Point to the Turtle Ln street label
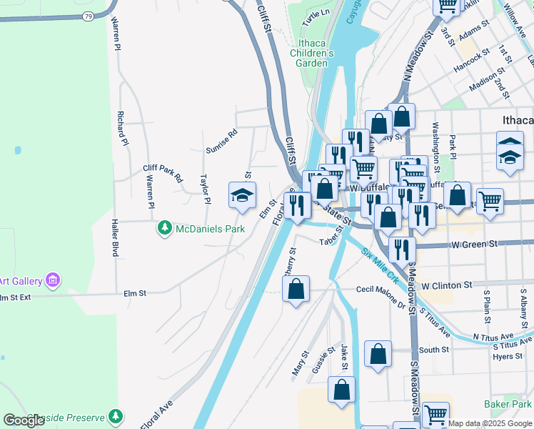[x=316, y=19]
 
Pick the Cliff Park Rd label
[x=163, y=172]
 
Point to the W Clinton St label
[x=447, y=285]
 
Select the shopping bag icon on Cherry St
[x=296, y=289]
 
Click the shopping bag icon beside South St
[x=378, y=353]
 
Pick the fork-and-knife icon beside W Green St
[x=403, y=249]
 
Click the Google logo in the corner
[x=24, y=420]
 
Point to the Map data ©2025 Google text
[x=490, y=423]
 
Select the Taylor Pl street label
[x=205, y=189]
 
